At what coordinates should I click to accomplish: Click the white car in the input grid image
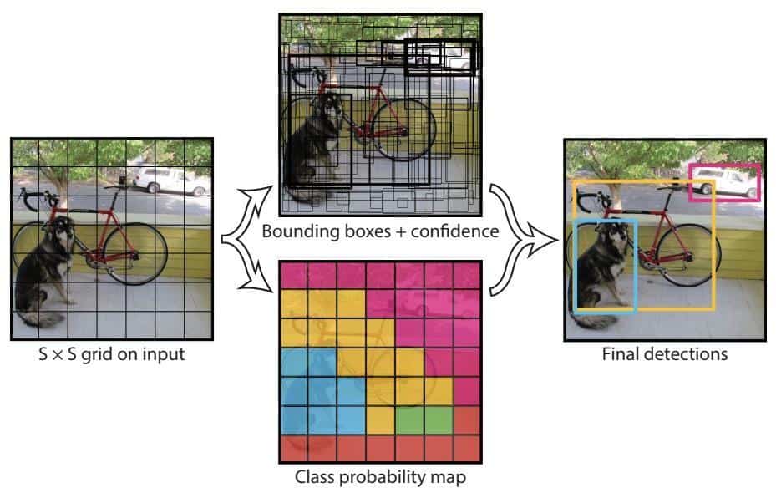pos(170,180)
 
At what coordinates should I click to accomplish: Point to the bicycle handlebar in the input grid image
pos(46,199)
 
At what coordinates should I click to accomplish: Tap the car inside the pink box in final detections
pos(723,182)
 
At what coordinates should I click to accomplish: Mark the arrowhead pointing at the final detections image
pos(546,241)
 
